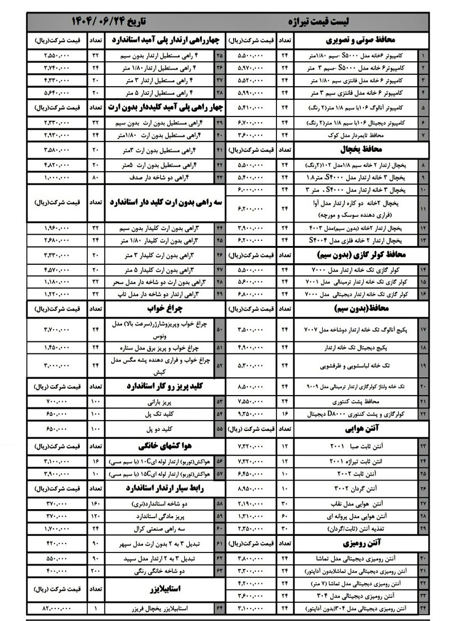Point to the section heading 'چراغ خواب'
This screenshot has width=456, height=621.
160,308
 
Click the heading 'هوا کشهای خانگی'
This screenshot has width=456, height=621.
160,445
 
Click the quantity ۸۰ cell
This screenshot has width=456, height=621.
95,178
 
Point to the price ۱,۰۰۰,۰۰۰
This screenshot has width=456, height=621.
56,178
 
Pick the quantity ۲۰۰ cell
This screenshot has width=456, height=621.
95,570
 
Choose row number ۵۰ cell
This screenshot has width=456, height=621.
219,329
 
